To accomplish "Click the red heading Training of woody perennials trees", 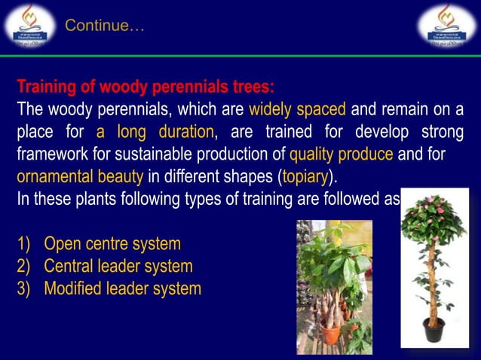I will click(x=146, y=86).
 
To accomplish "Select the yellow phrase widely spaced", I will click(x=297, y=109).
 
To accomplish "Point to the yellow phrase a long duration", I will click(x=155, y=133).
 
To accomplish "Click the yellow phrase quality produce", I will click(x=342, y=156).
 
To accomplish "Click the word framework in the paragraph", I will click(x=54, y=156).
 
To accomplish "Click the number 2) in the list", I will click(x=25, y=266).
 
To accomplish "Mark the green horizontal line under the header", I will click(x=240, y=55).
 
